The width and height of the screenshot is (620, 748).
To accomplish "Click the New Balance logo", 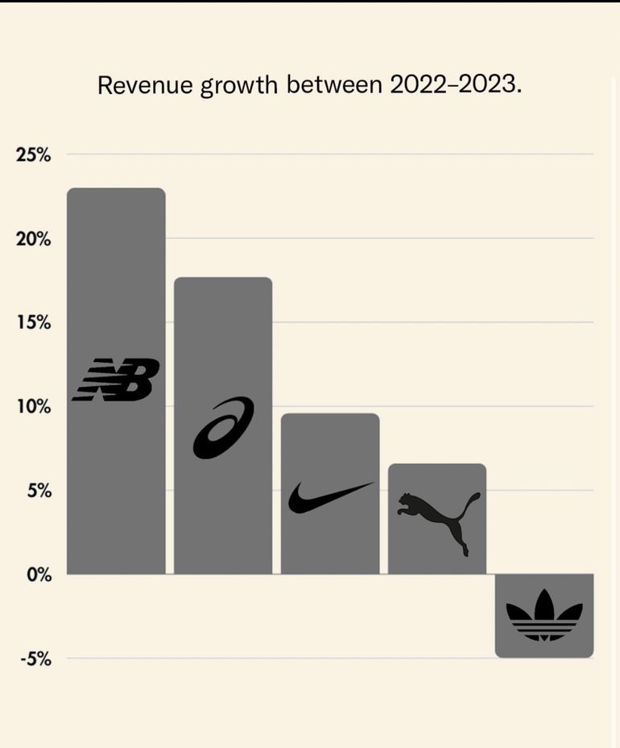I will [116, 380].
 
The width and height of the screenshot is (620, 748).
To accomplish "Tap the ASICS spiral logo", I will [223, 428].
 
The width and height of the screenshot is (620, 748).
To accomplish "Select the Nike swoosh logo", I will [330, 497].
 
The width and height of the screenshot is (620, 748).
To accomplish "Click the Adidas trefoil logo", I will [544, 615].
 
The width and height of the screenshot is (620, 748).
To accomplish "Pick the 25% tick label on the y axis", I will [33, 155].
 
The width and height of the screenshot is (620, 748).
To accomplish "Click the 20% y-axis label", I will [33, 239].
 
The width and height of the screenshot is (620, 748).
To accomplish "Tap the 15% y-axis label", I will [33, 323].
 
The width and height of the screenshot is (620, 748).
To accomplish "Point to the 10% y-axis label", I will [33, 407].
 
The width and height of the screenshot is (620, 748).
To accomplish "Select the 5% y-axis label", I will [38, 491].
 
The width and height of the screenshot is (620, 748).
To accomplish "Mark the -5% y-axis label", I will [35, 660].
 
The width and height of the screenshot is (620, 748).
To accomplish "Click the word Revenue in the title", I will [145, 84].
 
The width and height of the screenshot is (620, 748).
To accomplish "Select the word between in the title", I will [334, 84].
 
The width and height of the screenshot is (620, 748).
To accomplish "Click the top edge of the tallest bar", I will [116, 189].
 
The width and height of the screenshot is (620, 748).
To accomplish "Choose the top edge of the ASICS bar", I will [223, 278].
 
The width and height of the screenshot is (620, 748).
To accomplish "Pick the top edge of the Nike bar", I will [330, 414].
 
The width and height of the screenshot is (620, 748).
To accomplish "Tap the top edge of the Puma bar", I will [437, 465].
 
